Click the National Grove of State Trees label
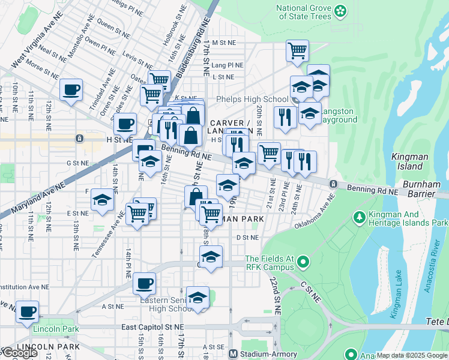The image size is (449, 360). pyautogui.click(x=304, y=12)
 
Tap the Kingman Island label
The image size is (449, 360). pyautogui.click(x=409, y=161)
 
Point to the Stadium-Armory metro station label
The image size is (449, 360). pyautogui.click(x=269, y=353)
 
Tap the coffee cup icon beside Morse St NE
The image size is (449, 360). pyautogui.click(x=71, y=90)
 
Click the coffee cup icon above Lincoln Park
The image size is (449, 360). pyautogui.click(x=27, y=312)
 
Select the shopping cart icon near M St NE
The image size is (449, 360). pyautogui.click(x=297, y=52)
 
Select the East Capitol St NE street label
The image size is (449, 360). pyautogui.click(x=152, y=327)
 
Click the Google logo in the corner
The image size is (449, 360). pyautogui.click(x=19, y=353)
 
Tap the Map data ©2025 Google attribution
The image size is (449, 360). pyautogui.click(x=412, y=355)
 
